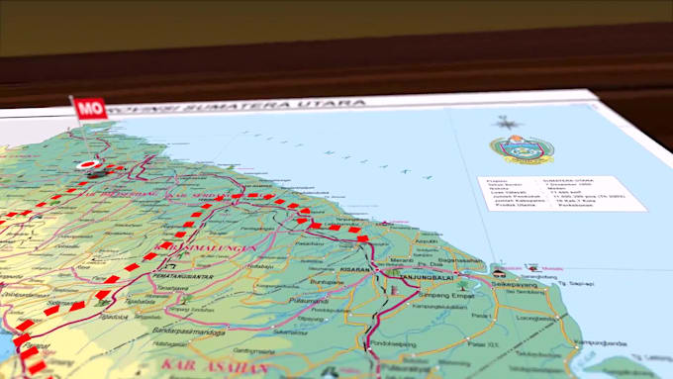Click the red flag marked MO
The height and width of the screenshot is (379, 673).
click(x=90, y=107)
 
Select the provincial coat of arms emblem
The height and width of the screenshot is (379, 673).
click(x=522, y=151)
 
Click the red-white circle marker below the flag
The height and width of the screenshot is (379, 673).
click(x=89, y=165)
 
